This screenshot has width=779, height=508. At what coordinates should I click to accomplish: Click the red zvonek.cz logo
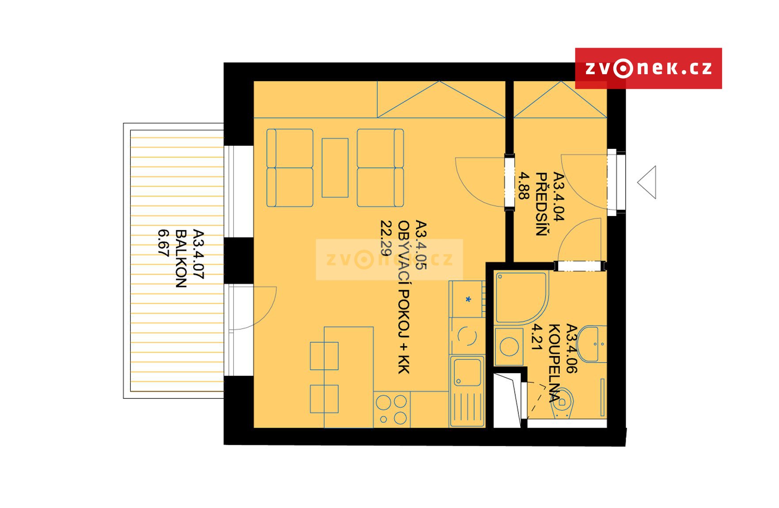[x=648, y=68]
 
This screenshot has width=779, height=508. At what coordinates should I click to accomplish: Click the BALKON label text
[x=181, y=258]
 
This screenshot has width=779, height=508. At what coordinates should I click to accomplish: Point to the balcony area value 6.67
[x=163, y=243]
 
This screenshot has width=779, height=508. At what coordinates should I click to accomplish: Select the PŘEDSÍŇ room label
[x=541, y=204]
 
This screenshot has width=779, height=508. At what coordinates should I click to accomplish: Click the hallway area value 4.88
[x=524, y=186]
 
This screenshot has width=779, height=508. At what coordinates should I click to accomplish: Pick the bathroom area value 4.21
[x=536, y=337]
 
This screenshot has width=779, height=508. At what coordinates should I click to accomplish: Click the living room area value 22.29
[x=386, y=238]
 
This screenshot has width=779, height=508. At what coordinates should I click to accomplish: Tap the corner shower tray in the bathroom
[x=522, y=299]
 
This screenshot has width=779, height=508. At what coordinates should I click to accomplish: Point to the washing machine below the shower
[x=509, y=347]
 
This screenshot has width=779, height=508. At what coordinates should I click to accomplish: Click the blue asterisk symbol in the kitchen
[x=468, y=299]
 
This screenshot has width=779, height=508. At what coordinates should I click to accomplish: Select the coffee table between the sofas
[x=335, y=168]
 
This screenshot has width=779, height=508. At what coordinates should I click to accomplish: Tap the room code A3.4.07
[x=198, y=254]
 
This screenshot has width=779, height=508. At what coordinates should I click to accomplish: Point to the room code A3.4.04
[x=559, y=197]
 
